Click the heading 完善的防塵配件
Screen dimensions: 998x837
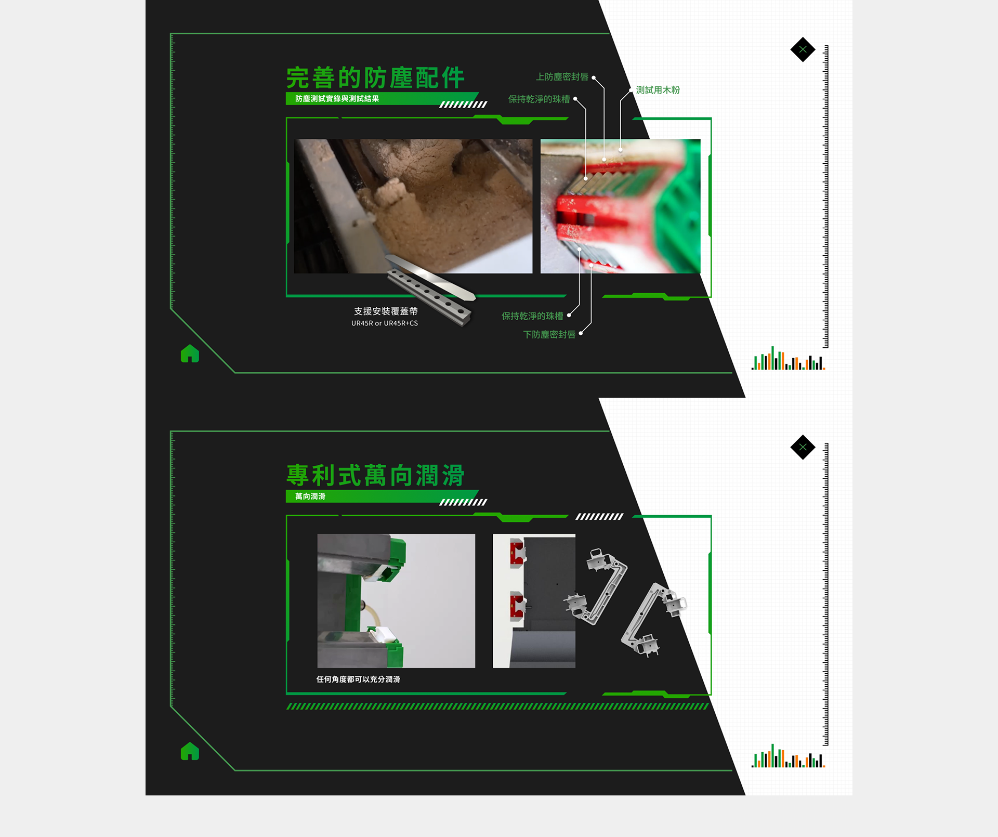(x=375, y=78)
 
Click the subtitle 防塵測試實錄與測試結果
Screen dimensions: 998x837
(x=337, y=99)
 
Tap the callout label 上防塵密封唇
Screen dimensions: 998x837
(x=562, y=77)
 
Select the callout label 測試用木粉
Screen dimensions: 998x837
(x=658, y=90)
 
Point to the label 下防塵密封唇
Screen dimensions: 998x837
(x=549, y=334)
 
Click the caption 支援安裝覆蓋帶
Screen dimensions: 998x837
(x=386, y=311)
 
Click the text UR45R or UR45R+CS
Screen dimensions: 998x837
(x=385, y=323)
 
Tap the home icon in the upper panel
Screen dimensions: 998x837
(x=190, y=354)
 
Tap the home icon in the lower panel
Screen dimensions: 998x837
(x=190, y=751)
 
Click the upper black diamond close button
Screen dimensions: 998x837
(x=803, y=49)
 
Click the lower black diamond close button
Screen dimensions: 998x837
(x=803, y=447)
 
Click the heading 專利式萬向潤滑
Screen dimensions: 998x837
(x=375, y=476)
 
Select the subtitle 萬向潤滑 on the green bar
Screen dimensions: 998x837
(x=310, y=496)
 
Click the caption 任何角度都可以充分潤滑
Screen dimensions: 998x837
(x=358, y=679)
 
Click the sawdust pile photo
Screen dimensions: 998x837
(x=413, y=206)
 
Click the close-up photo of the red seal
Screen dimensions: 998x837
(x=621, y=206)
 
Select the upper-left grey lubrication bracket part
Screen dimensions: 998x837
(x=596, y=586)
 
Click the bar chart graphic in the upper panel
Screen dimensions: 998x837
(x=788, y=358)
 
